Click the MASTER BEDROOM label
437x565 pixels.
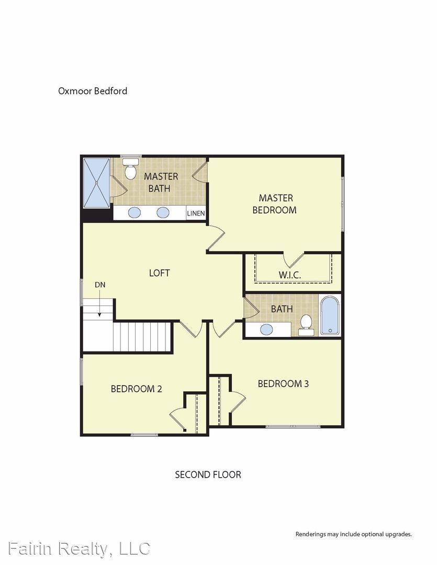(x=275, y=204)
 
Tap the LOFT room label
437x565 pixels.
(x=159, y=273)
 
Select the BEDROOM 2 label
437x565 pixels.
(x=136, y=389)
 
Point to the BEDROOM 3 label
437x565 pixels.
(x=283, y=383)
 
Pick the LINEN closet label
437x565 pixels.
(x=196, y=213)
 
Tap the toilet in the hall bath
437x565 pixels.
(x=306, y=324)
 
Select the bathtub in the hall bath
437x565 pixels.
(x=330, y=315)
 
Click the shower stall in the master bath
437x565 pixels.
(x=97, y=183)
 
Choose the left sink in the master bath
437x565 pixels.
(x=135, y=212)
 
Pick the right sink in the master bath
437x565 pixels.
(x=163, y=212)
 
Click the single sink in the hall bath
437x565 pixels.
(x=266, y=330)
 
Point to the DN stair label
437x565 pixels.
(x=100, y=285)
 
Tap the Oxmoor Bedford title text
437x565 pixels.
(x=93, y=91)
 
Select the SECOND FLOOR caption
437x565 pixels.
(x=208, y=474)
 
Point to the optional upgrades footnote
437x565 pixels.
(x=353, y=534)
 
